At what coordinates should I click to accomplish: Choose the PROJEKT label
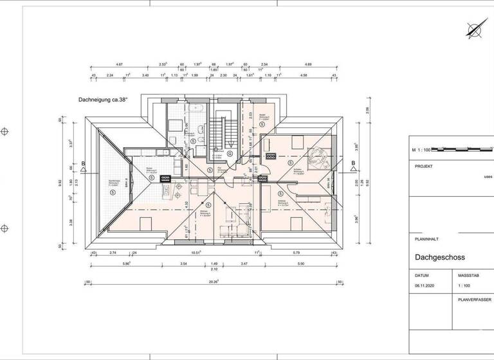coord(423,165)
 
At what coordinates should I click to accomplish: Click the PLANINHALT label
coord(427,238)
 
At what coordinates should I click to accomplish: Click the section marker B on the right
coord(353,163)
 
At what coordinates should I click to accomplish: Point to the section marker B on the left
coord(84,163)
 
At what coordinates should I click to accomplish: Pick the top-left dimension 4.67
coord(119,65)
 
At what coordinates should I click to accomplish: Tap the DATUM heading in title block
coord(422,274)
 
